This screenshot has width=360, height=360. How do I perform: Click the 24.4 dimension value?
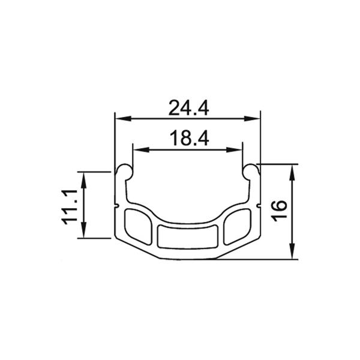(188, 108)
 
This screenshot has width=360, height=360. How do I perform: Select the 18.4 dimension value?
(188, 139)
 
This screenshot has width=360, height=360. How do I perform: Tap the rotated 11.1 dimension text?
(71, 205)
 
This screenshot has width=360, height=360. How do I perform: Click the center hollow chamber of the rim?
(188, 236)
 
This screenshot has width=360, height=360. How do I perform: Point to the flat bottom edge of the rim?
(188, 259)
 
